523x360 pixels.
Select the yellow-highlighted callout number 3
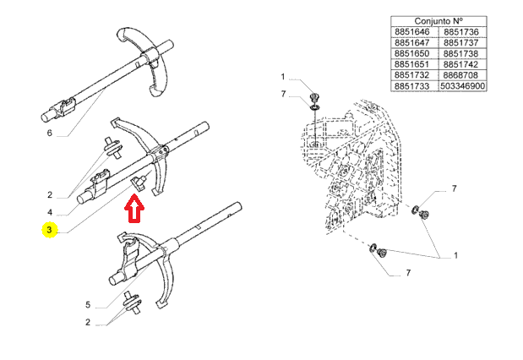tap(50, 230)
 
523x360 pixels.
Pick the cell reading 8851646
tap(412, 31)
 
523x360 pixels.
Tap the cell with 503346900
tap(463, 85)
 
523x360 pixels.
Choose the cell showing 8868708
tap(463, 74)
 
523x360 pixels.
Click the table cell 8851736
tap(463, 31)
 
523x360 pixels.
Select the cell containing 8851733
tap(412, 85)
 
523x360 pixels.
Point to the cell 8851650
tap(412, 52)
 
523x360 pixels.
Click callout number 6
tap(50, 133)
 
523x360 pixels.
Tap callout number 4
tap(50, 212)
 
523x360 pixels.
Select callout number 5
tap(87, 304)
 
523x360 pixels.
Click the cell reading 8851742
tap(463, 63)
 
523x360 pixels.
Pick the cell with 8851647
tap(412, 42)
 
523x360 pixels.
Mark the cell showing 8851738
tap(463, 52)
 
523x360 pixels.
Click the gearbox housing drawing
tap(355, 169)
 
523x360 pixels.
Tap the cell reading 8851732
tap(412, 74)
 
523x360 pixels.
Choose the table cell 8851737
tap(463, 42)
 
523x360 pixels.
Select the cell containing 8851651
tap(412, 63)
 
